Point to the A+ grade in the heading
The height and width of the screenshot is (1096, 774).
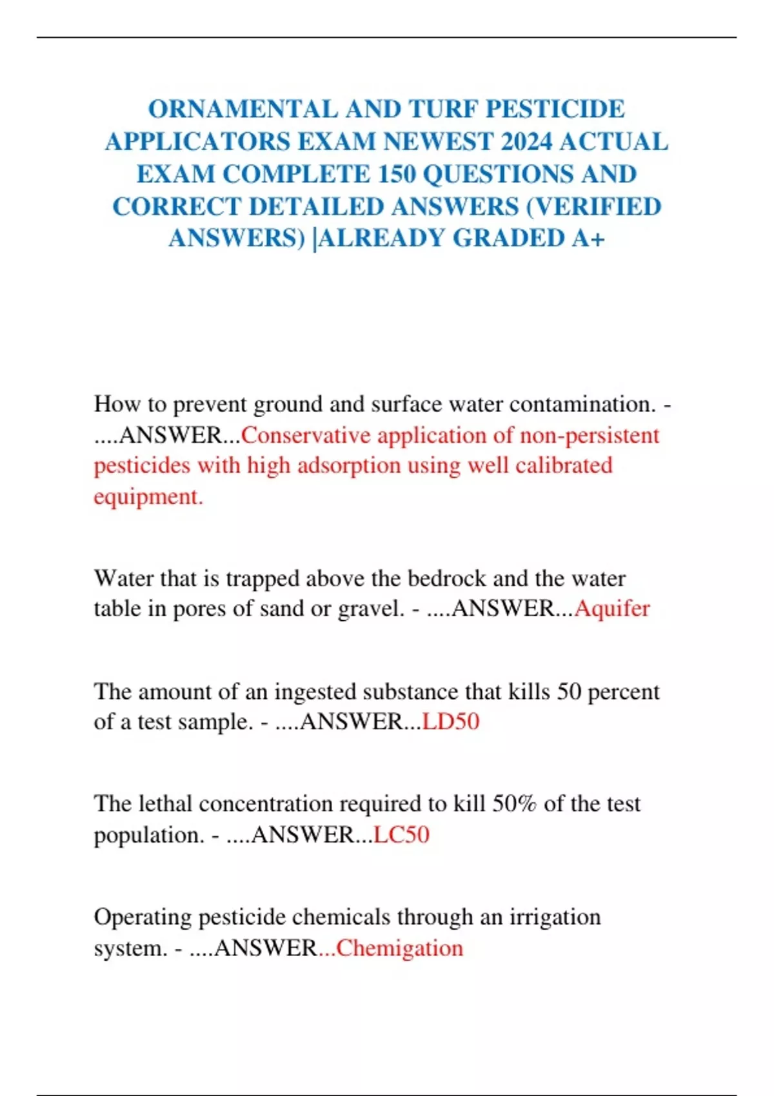coord(588,238)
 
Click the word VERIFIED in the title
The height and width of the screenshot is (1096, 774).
coord(599,206)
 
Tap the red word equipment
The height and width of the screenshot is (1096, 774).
coord(148,496)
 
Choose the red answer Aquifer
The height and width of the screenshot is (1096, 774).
coord(612,608)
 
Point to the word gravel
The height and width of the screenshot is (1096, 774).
coord(370,608)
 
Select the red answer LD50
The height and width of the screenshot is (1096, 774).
coord(450,721)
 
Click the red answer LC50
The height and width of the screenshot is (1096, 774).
coord(401,835)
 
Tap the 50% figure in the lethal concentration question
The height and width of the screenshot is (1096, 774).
coord(514,804)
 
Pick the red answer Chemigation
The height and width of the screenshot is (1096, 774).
coord(400,948)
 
